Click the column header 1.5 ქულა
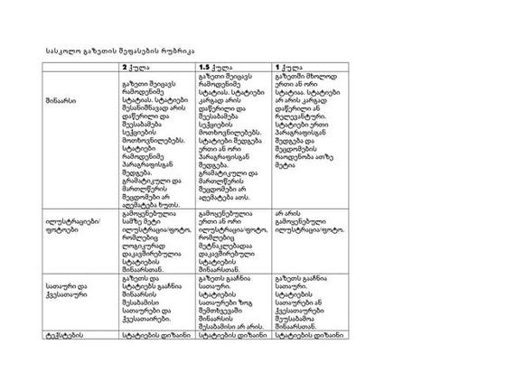pos(216,67)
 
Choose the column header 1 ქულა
pos(290,67)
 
